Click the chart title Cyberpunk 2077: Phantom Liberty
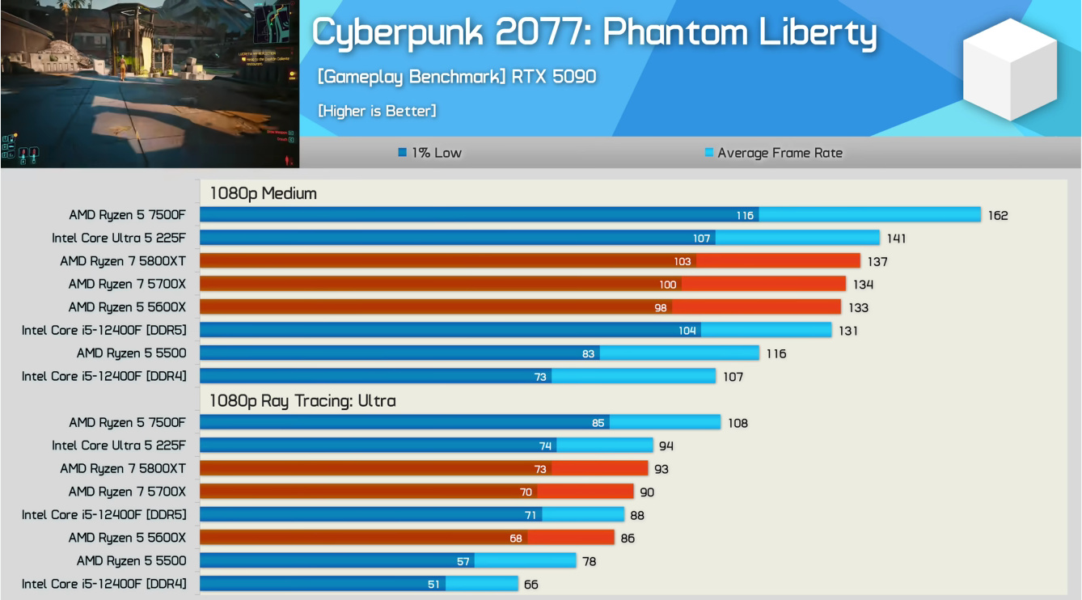[x=594, y=34]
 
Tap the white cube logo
[x=1010, y=69]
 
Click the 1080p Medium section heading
[x=263, y=193]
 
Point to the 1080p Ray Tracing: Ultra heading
[x=302, y=400]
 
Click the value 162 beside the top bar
[x=998, y=215]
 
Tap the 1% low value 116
[x=745, y=215]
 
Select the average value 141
[x=896, y=239]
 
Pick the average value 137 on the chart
[x=877, y=261]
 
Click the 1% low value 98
[x=661, y=307]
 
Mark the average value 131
[x=847, y=330]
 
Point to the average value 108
[x=738, y=423]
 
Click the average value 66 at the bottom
[x=530, y=584]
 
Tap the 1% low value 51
[x=434, y=584]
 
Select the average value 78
[x=589, y=561]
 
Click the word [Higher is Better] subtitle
[x=377, y=111]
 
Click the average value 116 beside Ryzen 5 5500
[x=776, y=353]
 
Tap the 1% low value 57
[x=463, y=561]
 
